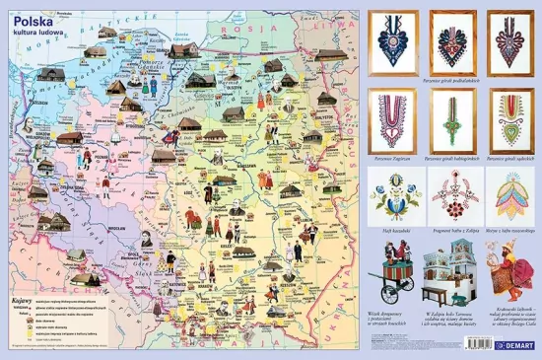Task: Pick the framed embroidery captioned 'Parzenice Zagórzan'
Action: (x=392, y=120)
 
